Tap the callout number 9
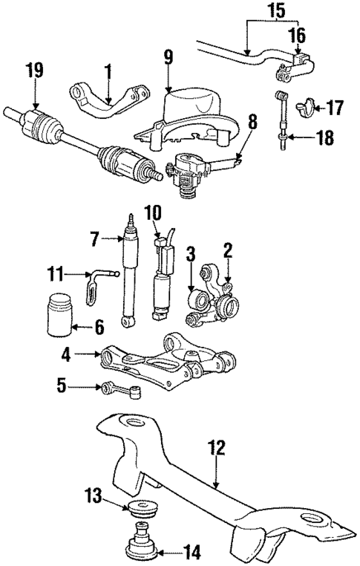[x=168, y=56]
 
